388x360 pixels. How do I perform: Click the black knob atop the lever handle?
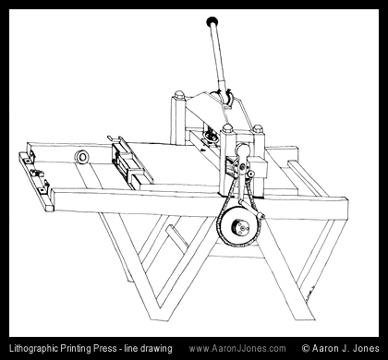[x=212, y=21]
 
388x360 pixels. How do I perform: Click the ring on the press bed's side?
[x=82, y=157]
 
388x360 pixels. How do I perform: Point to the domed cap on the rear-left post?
[x=179, y=94]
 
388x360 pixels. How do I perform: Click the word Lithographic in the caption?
[x=33, y=349]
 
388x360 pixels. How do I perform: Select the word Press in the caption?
[x=103, y=348]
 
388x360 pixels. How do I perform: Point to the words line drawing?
[x=148, y=349]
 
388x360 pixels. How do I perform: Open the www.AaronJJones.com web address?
[x=237, y=349]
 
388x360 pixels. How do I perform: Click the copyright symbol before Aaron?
[x=306, y=348]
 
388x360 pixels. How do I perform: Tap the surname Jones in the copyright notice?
[x=366, y=348]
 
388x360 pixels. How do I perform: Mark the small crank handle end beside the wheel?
[x=261, y=216]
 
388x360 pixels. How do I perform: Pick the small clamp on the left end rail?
[x=37, y=174]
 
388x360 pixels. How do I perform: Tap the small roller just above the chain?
[x=250, y=174]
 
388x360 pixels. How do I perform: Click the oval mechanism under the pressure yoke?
[x=211, y=136]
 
